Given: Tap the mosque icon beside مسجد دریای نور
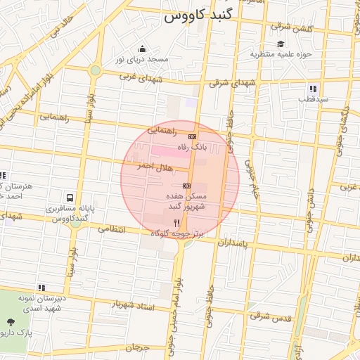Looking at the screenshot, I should point(143,49).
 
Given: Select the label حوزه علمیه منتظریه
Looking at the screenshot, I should point(285,53).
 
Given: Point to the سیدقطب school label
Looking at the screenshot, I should point(312,99).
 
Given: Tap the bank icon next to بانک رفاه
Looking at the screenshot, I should point(192,136).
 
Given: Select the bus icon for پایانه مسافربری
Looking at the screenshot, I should point(70,198).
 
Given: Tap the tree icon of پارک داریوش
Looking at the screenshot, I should point(10,321).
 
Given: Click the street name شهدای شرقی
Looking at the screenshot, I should point(229,82).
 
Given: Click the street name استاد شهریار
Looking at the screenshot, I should point(134,304).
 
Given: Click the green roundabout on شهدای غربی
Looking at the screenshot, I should point(95,70).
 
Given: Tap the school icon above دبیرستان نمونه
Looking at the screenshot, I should point(42,288).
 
